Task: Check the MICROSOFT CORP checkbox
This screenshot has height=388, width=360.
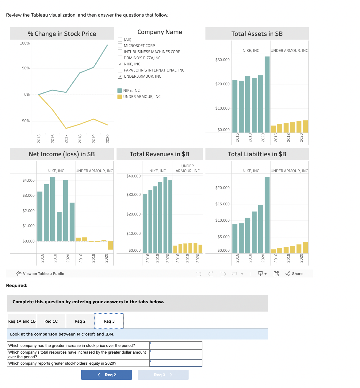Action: click(x=120, y=45)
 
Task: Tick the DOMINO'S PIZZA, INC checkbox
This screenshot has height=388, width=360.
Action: click(x=120, y=58)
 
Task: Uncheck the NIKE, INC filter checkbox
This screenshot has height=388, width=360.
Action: click(x=120, y=64)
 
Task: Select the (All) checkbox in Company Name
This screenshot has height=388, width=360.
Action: click(x=120, y=39)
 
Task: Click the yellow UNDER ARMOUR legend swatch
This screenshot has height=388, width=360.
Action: click(x=120, y=96)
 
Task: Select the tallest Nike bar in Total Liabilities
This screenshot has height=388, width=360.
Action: click(x=267, y=215)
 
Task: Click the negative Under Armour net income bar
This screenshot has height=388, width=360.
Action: click(x=110, y=245)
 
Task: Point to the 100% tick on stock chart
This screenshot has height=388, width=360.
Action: click(x=25, y=43)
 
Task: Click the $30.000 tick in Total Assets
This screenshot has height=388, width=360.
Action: click(x=222, y=60)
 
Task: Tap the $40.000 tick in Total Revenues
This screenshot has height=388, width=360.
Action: click(x=133, y=176)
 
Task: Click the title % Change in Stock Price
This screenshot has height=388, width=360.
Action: click(x=62, y=34)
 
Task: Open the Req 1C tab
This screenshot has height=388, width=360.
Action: click(x=51, y=321)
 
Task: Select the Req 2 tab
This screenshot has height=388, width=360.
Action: click(x=80, y=321)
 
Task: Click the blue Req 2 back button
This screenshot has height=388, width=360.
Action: click(x=106, y=375)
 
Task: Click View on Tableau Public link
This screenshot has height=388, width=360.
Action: click(x=43, y=274)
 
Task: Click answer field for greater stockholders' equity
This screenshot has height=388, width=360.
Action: click(x=176, y=363)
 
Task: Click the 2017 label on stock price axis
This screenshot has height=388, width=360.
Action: click(x=66, y=138)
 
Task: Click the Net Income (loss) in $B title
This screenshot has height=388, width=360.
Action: click(x=62, y=154)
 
